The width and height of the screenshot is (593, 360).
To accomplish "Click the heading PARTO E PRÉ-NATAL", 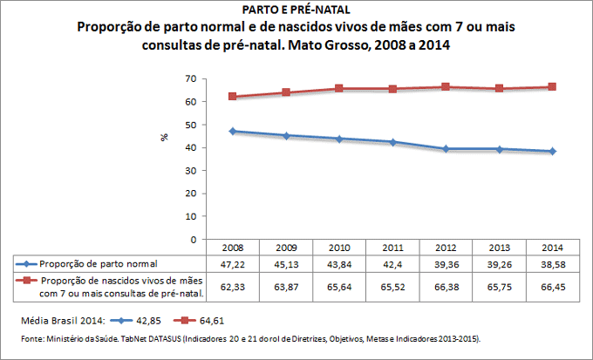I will click(296, 10).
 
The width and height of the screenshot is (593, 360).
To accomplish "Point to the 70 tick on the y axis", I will click(190, 79).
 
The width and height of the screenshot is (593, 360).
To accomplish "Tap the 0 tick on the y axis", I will click(193, 239).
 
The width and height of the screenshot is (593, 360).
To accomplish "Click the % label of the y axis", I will click(164, 138).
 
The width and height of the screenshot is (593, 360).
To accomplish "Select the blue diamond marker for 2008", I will click(233, 131).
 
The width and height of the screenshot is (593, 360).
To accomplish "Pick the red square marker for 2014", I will click(551, 87).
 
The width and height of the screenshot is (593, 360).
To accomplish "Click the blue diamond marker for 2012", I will click(445, 149).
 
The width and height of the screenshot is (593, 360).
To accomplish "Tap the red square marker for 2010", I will click(339, 89).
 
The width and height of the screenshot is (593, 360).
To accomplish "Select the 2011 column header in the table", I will click(392, 248).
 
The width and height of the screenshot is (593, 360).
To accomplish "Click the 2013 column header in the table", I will click(498, 248).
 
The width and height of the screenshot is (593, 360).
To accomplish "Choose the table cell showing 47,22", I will click(233, 263).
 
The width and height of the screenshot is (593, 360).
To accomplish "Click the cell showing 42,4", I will click(392, 263).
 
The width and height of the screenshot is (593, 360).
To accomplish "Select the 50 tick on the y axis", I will click(190, 125).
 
